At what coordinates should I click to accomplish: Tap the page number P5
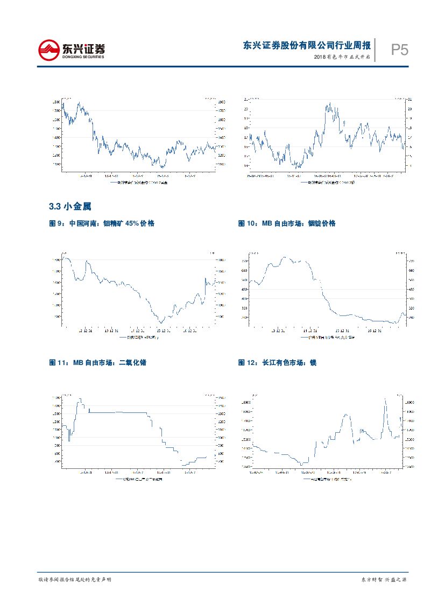click(x=399, y=51)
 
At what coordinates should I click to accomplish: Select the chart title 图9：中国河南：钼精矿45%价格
click(x=102, y=223)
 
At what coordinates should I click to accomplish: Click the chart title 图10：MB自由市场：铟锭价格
click(x=287, y=223)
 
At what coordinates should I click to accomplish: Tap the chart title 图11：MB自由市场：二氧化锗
click(x=98, y=363)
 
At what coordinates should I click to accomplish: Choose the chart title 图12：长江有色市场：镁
click(x=277, y=363)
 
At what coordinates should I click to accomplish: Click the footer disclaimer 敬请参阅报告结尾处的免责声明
click(x=75, y=579)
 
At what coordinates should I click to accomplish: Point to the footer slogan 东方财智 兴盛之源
click(x=383, y=579)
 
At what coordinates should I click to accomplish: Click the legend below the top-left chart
click(x=139, y=183)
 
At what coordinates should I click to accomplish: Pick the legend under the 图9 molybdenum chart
click(x=139, y=338)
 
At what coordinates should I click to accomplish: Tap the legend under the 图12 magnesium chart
click(x=327, y=478)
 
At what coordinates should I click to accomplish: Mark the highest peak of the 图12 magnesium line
click(x=385, y=399)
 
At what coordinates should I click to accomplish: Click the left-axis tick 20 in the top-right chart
click(x=246, y=109)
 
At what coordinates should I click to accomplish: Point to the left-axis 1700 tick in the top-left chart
click(x=56, y=110)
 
